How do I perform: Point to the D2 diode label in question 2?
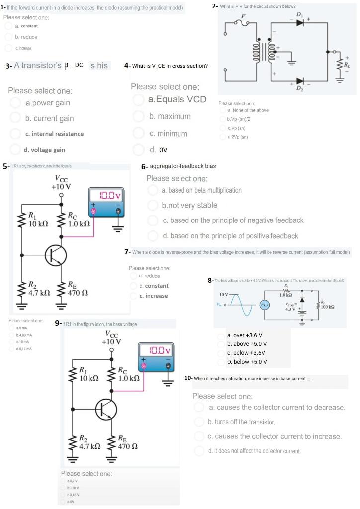(x=299, y=88)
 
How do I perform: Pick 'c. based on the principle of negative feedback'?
(x=233, y=220)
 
